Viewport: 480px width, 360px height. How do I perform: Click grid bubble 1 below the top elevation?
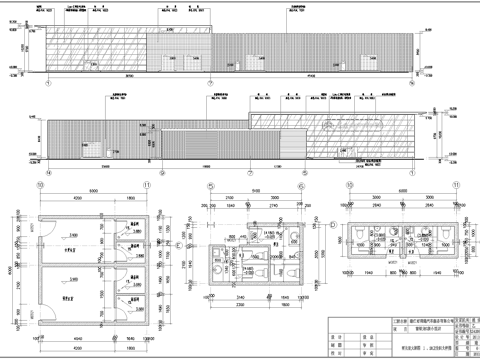coord(47,84)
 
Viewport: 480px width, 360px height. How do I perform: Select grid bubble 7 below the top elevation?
coord(210,84)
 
